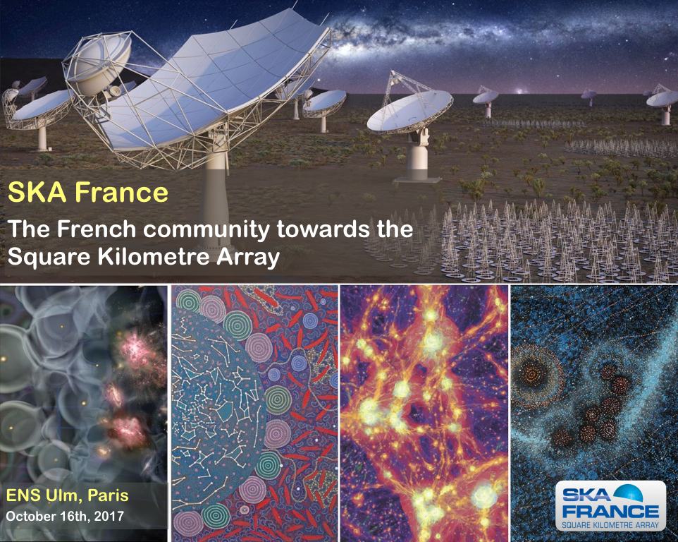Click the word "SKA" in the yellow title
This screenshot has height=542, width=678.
click(37, 192)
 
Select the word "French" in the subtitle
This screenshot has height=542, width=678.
click(97, 229)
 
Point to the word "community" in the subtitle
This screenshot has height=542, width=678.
click(207, 230)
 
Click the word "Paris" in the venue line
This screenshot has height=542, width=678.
click(108, 495)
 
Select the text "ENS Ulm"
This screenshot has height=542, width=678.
click(42, 495)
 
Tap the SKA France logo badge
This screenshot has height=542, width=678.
click(610, 505)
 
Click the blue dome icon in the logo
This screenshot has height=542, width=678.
click(627, 493)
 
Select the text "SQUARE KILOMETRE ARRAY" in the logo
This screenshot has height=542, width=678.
click(610, 524)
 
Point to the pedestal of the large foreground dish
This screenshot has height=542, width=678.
click(216, 191)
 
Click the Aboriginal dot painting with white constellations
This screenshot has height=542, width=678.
click(254, 413)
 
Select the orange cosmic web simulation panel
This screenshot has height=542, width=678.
click(424, 413)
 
